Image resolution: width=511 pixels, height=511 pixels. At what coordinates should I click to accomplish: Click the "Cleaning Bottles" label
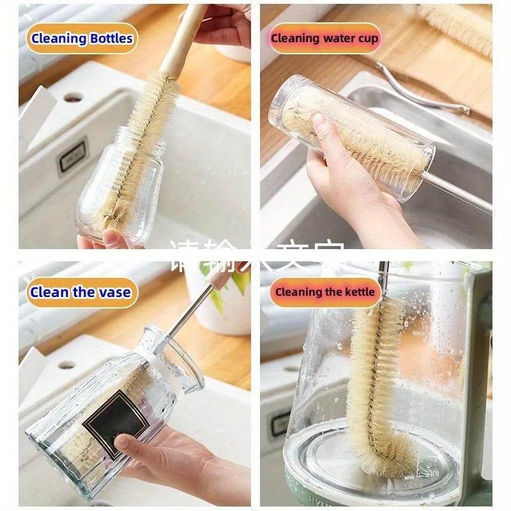[81, 38]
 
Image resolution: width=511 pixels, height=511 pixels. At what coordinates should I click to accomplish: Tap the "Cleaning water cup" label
[324, 38]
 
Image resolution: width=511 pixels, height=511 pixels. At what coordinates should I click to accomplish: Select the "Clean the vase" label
[80, 293]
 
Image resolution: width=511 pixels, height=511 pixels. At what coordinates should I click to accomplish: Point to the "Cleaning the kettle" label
[325, 293]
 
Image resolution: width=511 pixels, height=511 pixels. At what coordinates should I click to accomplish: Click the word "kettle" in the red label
[360, 293]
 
